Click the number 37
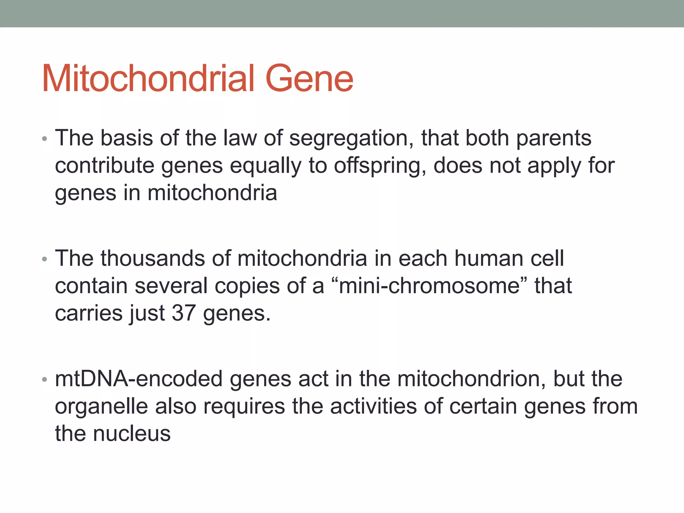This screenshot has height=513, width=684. pyautogui.click(x=183, y=313)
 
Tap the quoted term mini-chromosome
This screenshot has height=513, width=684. pyautogui.click(x=429, y=286)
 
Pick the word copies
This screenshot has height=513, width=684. pyautogui.click(x=247, y=287)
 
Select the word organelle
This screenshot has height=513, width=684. pyautogui.click(x=101, y=407)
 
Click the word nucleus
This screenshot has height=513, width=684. pyautogui.click(x=132, y=434)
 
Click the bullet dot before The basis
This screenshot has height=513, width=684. pyautogui.click(x=45, y=139)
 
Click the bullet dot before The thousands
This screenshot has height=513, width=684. pyautogui.click(x=45, y=260)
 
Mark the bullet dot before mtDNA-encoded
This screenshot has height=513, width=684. pyautogui.click(x=45, y=380)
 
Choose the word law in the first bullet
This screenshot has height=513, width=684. pyautogui.click(x=240, y=138)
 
